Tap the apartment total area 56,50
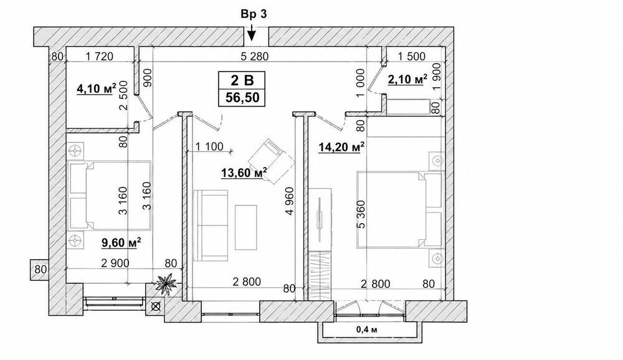pos(242,97)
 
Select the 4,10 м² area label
pos(96,88)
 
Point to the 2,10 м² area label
pos(407,80)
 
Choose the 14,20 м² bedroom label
pos(342,148)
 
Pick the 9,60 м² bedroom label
pos(121,242)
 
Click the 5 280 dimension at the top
pos(254,57)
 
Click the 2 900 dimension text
pos(115,263)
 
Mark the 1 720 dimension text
pos(99,57)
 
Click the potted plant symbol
pos(166,283)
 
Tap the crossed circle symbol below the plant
pos(156,306)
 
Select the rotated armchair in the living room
pos(271,161)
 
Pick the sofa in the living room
pos(211,225)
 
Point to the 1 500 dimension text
pos(411,57)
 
